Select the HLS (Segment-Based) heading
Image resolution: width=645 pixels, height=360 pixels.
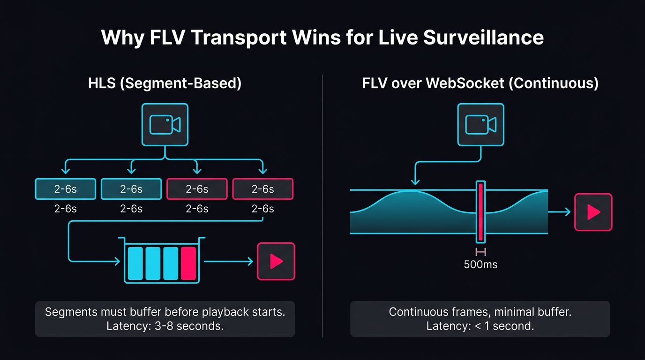point(165,84)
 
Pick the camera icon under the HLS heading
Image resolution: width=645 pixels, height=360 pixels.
point(165,125)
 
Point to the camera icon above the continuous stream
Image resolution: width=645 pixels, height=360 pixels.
point(480,125)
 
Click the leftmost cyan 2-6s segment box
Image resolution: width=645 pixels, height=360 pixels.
point(66,189)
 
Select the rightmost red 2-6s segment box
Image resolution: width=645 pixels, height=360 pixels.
point(262,189)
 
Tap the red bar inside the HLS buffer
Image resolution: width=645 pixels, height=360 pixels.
point(188,263)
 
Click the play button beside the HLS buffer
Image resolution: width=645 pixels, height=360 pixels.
point(276,261)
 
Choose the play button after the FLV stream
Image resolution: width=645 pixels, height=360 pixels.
point(593,212)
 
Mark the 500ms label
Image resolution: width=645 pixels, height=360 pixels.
point(480,264)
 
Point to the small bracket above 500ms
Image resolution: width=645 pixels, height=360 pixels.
point(480,252)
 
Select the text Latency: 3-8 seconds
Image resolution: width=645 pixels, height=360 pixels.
point(165,326)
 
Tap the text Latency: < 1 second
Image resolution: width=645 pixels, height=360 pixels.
point(480,326)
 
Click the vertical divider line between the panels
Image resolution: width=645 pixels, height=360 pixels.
point(323,206)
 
